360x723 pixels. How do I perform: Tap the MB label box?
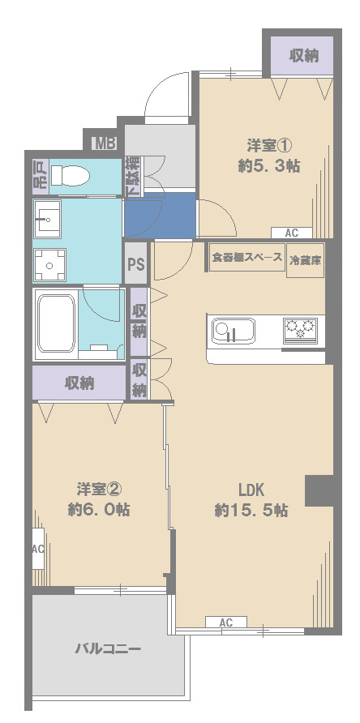(x=105, y=144)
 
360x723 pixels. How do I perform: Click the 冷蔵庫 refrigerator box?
(x=305, y=260)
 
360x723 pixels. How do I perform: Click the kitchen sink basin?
(x=233, y=332)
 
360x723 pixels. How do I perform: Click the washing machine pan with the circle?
(x=49, y=263)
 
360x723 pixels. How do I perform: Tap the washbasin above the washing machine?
(x=49, y=219)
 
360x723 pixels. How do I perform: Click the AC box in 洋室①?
(x=291, y=233)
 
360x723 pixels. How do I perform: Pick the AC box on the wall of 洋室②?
(x=38, y=549)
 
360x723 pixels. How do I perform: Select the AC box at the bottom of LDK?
(x=226, y=622)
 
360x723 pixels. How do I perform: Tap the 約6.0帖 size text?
(x=99, y=511)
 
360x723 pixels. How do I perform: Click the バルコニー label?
(x=108, y=649)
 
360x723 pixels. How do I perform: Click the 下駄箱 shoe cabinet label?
(x=132, y=176)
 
